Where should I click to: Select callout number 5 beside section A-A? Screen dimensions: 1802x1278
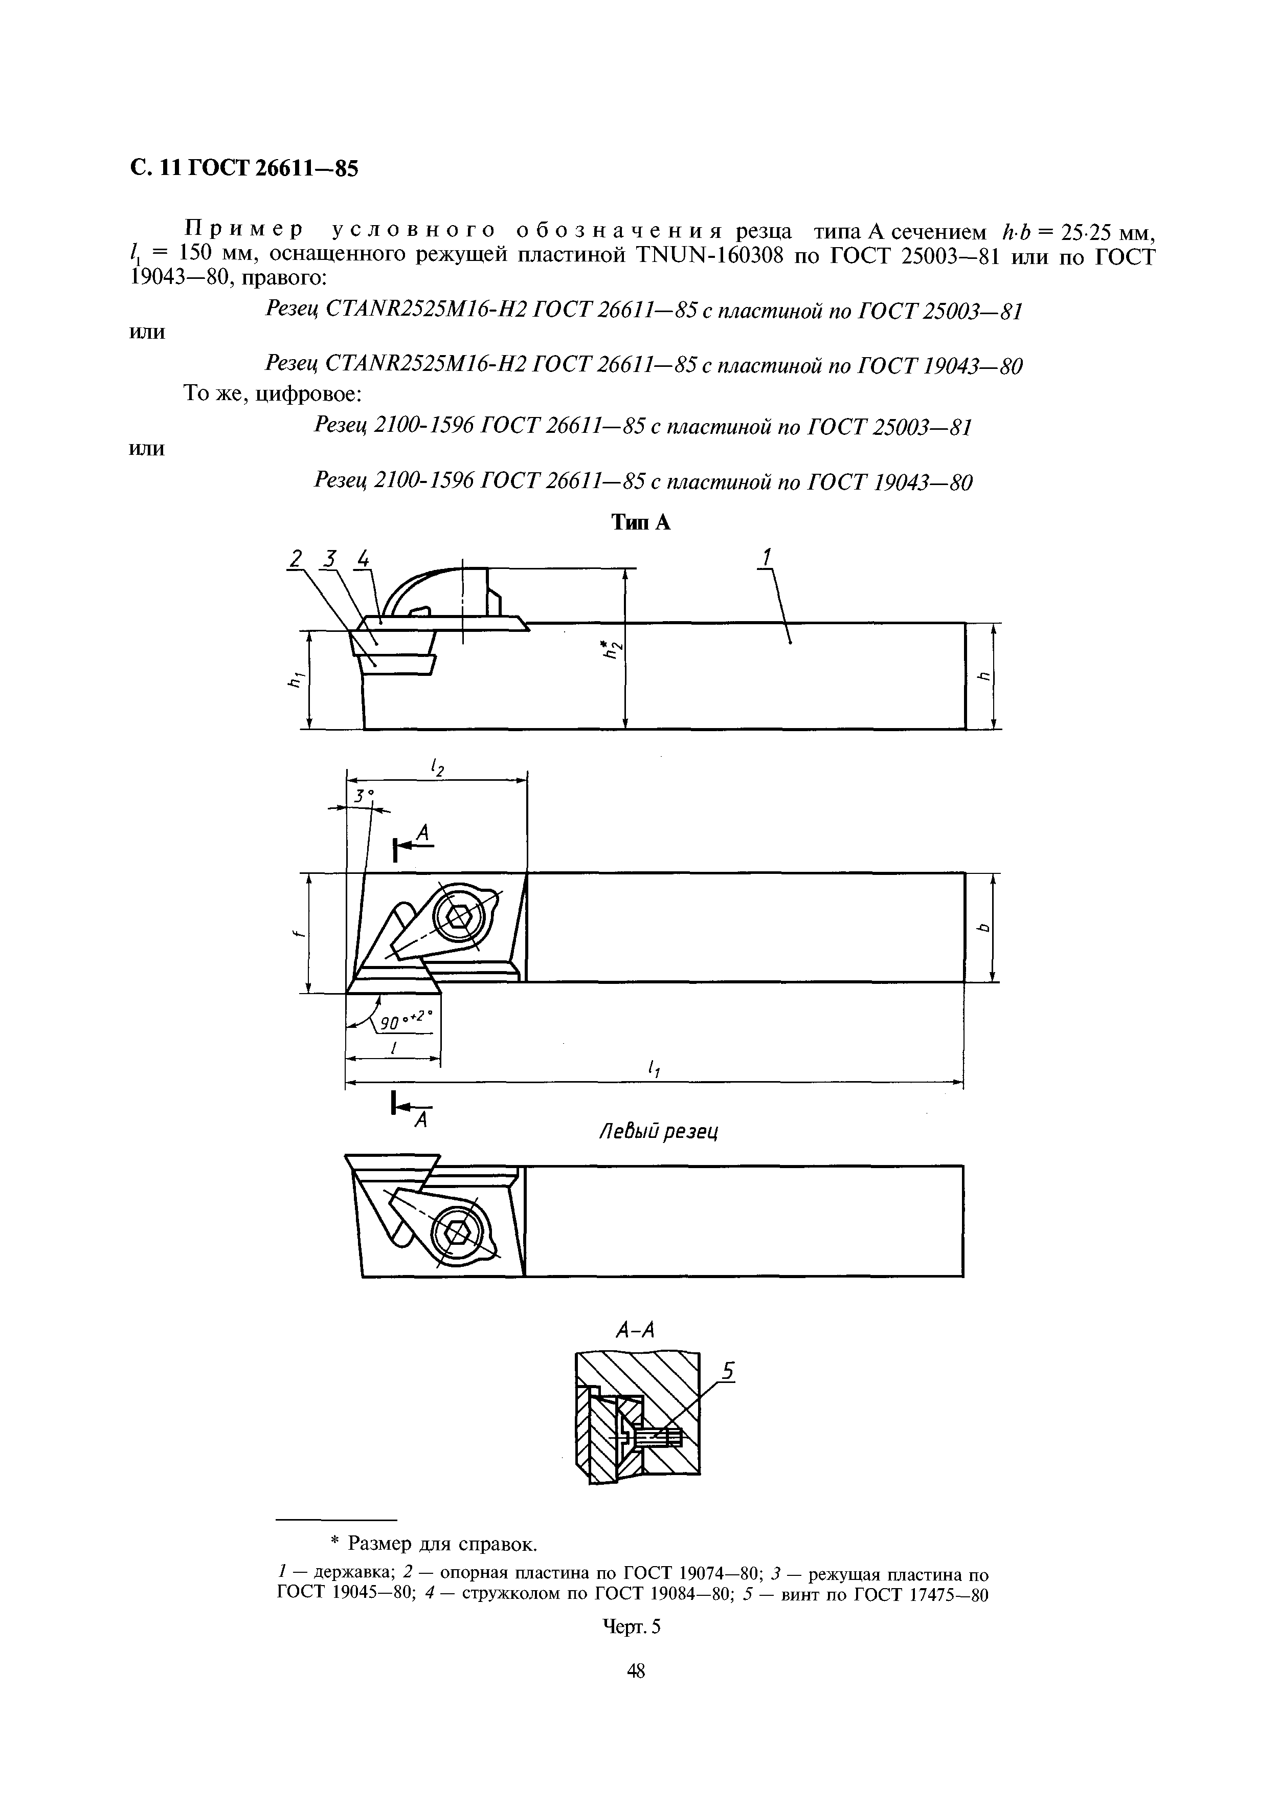(x=728, y=1372)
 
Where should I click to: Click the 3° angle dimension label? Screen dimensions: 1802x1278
(x=363, y=796)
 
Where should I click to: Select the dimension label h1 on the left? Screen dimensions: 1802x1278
(x=296, y=678)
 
